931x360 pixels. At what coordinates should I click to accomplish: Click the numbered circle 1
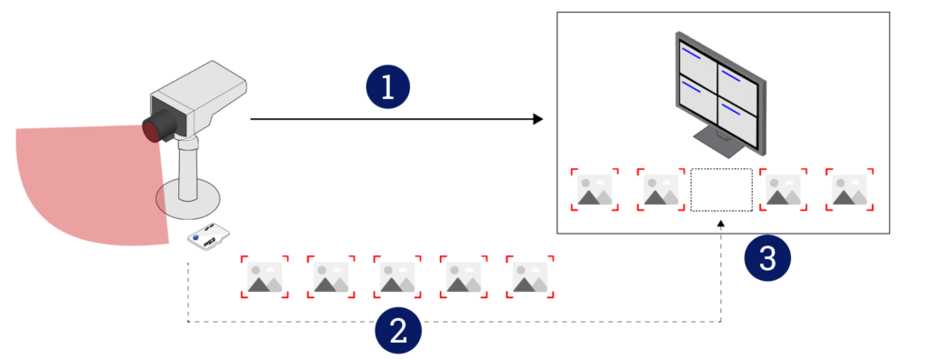point(388,87)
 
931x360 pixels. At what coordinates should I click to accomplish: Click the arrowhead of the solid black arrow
point(537,119)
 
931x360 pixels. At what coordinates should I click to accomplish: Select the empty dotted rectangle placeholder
point(721,189)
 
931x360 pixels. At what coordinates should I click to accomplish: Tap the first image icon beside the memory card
point(265,276)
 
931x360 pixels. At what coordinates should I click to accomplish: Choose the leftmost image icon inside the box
point(595,189)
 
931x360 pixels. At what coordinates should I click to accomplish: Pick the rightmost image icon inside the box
point(850,189)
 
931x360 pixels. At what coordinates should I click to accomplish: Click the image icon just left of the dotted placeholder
point(660,189)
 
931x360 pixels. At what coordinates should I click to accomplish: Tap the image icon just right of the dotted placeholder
point(784,189)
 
